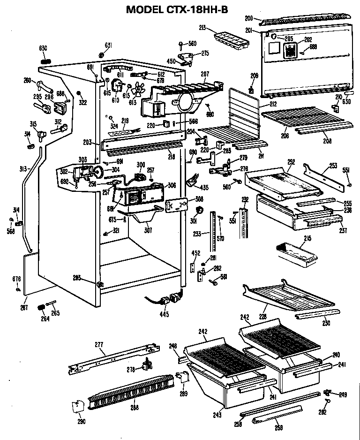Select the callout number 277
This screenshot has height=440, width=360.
click(98, 345)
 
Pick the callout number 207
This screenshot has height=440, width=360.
click(204, 74)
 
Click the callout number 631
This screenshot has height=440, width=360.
click(108, 46)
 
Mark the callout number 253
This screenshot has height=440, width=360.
click(333, 166)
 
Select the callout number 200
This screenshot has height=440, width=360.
click(249, 18)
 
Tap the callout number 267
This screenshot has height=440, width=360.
click(24, 308)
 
